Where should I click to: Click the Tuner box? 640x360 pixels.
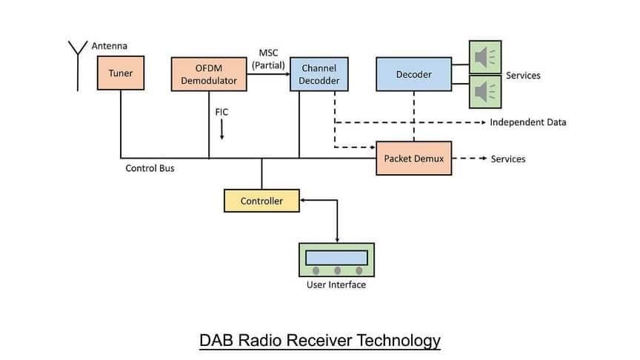[x=120, y=73]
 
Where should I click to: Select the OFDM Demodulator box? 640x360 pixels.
[x=209, y=74]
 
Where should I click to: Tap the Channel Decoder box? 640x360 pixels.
[x=319, y=74]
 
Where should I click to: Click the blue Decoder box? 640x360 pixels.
[x=413, y=74]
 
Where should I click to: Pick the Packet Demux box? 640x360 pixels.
[x=413, y=159]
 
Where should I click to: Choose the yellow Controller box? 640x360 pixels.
[x=261, y=201]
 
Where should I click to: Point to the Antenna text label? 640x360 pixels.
[x=109, y=46]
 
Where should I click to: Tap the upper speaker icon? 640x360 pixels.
[x=485, y=57]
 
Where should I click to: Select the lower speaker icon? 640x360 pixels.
[x=485, y=92]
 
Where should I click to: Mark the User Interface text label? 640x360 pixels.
[x=336, y=285]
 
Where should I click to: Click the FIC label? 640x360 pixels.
[x=221, y=112]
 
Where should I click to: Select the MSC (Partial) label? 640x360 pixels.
[x=268, y=59]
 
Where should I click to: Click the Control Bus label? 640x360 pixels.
[x=150, y=168]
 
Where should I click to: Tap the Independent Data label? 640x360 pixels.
[x=527, y=122]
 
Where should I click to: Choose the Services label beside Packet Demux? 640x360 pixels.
[x=508, y=159]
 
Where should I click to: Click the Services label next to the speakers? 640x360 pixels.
[x=523, y=76]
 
